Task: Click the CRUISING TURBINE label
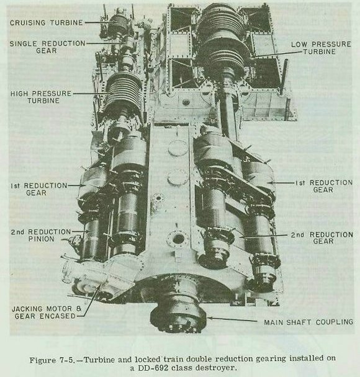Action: coord(47,22)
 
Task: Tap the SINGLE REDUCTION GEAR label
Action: coord(47,47)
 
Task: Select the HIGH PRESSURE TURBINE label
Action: coord(41,97)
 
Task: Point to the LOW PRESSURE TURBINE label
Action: coord(321,48)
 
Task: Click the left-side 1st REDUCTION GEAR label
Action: coord(38,189)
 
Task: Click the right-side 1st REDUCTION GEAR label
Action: coord(323,186)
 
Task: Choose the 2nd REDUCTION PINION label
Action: coord(41,236)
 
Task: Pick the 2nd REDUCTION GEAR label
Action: coord(322,237)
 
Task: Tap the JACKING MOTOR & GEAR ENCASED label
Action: coord(47,313)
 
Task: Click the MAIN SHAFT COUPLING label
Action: coord(308,322)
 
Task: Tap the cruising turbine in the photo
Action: coord(117,23)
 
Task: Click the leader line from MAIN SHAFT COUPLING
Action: coord(232,319)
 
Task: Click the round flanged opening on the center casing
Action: coord(178,239)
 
